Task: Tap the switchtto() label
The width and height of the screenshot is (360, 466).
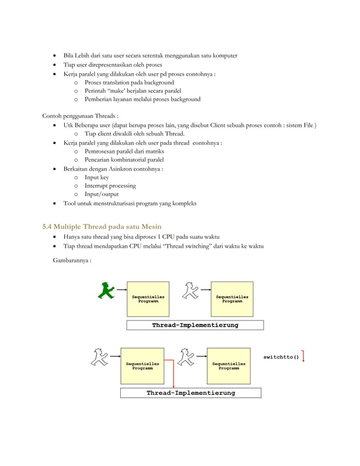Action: pos(281,357)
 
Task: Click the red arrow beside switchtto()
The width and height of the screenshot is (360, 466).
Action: pos(304,357)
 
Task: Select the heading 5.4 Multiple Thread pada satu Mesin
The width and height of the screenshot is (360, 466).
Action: pos(102,226)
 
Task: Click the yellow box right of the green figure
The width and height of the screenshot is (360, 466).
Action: pos(148,298)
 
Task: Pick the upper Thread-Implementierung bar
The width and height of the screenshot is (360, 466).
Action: pos(195,325)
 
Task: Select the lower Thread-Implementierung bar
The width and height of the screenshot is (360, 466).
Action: pos(191,393)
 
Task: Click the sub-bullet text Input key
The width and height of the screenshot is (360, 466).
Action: pos(96,177)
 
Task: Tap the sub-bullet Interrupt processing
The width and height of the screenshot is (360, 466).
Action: pos(110,186)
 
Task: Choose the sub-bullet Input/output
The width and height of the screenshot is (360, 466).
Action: pos(102,194)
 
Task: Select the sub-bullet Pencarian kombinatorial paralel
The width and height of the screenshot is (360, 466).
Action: pos(124,160)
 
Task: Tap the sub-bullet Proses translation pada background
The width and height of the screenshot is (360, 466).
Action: pos(129,82)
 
